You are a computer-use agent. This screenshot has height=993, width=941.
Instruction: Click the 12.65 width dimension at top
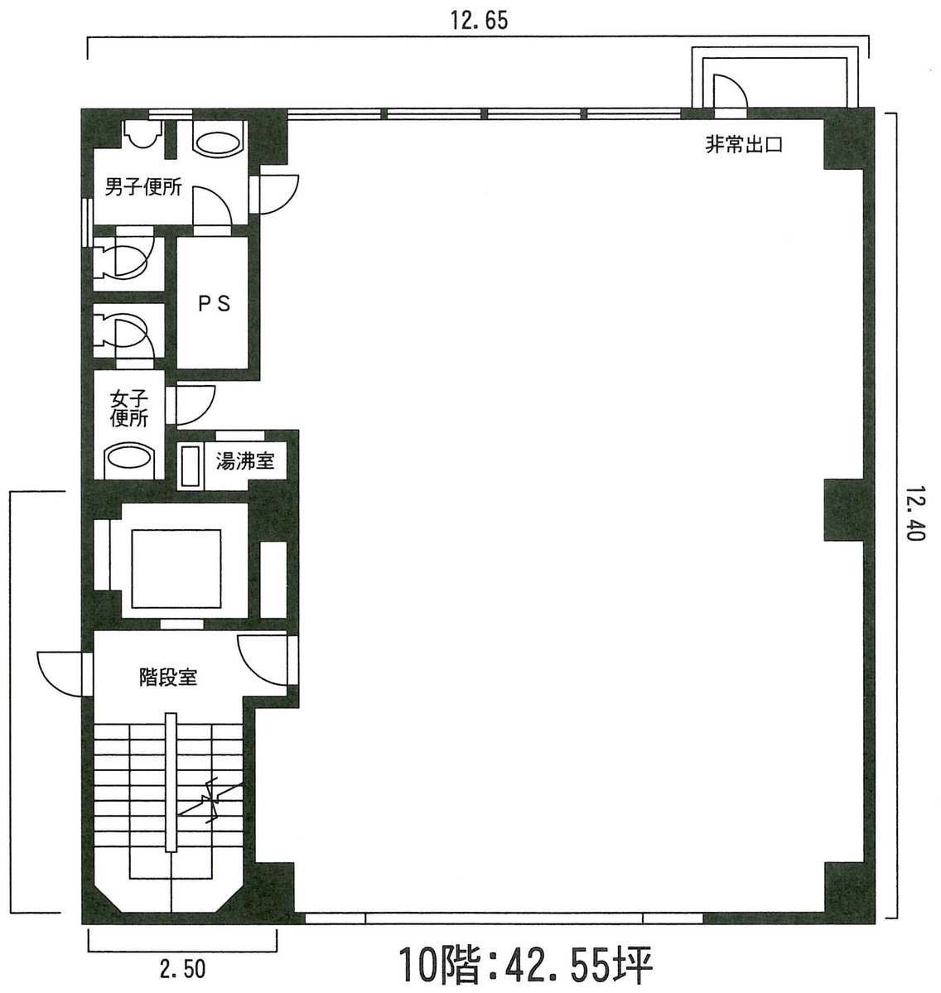478,20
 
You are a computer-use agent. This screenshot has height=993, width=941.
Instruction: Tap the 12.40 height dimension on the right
914,513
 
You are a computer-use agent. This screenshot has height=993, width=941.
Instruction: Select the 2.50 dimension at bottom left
182,967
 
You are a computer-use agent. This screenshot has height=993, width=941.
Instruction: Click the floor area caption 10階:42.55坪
526,965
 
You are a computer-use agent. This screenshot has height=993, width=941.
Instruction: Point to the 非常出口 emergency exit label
743,146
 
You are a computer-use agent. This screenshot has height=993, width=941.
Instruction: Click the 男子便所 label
142,187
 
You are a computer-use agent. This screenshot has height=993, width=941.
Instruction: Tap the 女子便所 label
128,408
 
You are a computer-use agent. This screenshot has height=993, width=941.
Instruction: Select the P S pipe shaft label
213,304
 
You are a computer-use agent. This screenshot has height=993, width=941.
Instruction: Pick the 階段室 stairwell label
168,677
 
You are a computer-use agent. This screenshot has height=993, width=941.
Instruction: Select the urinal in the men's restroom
142,134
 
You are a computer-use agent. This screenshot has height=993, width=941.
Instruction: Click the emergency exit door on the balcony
729,91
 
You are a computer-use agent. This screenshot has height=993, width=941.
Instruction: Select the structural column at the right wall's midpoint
842,509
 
